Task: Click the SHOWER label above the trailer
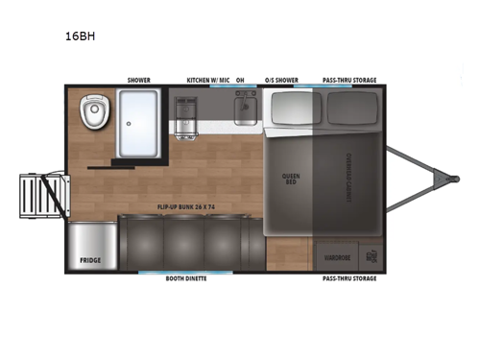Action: pos(139,81)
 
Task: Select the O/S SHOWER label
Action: pos(281,81)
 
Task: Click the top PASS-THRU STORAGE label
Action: pos(348,81)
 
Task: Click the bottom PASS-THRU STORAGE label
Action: pos(348,278)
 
